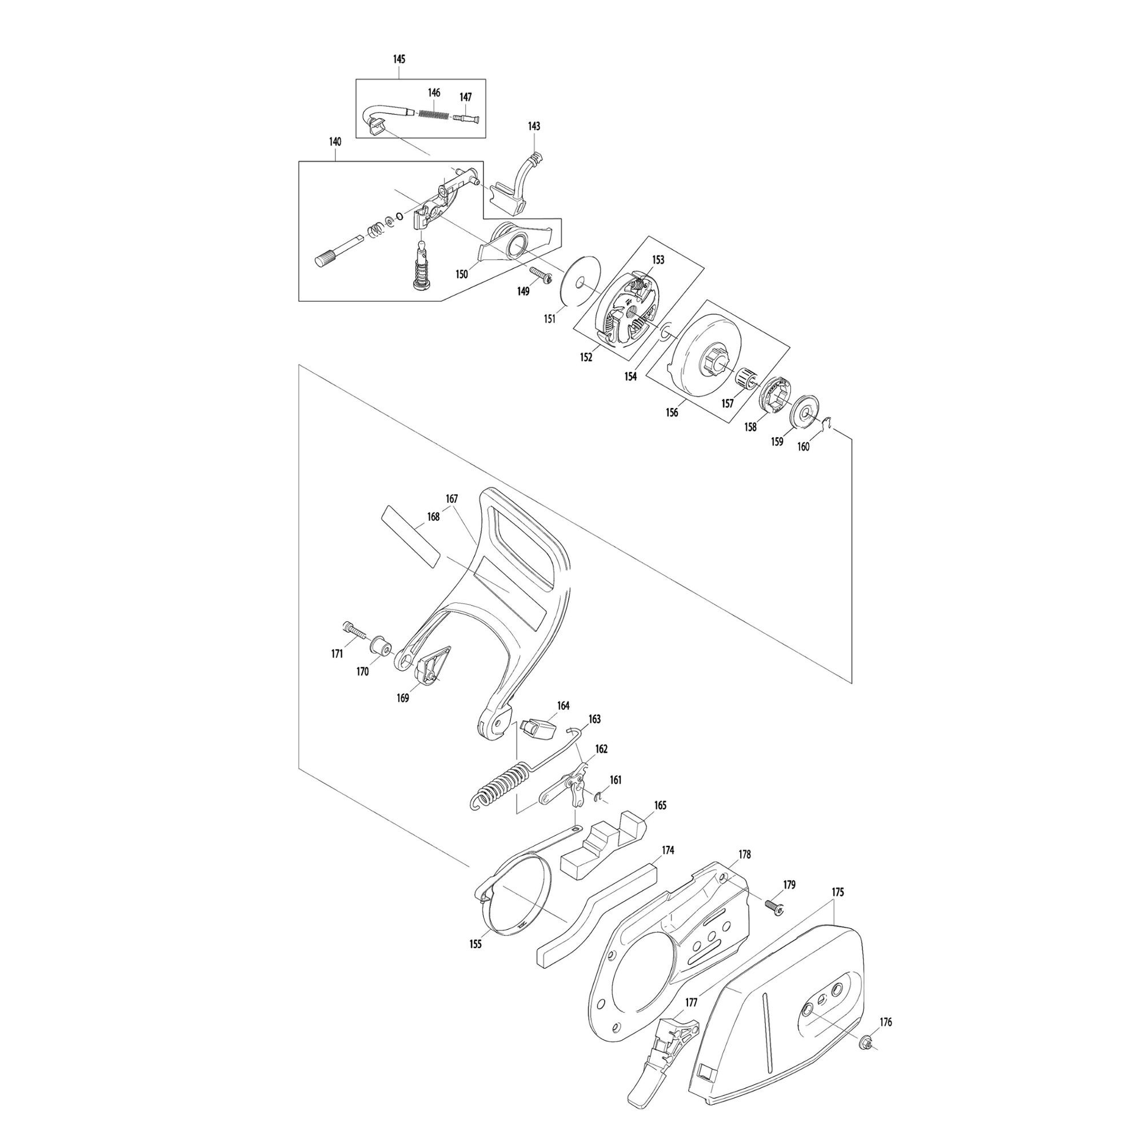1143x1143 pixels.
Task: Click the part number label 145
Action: coord(399,59)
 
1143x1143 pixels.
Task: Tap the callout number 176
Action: coord(885,1022)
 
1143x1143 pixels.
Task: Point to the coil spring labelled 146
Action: coord(437,113)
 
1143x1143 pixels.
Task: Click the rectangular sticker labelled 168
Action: coord(413,536)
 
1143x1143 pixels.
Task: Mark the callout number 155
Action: coord(475,944)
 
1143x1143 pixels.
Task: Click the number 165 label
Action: coord(660,805)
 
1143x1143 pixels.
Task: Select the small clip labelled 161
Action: coord(599,797)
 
